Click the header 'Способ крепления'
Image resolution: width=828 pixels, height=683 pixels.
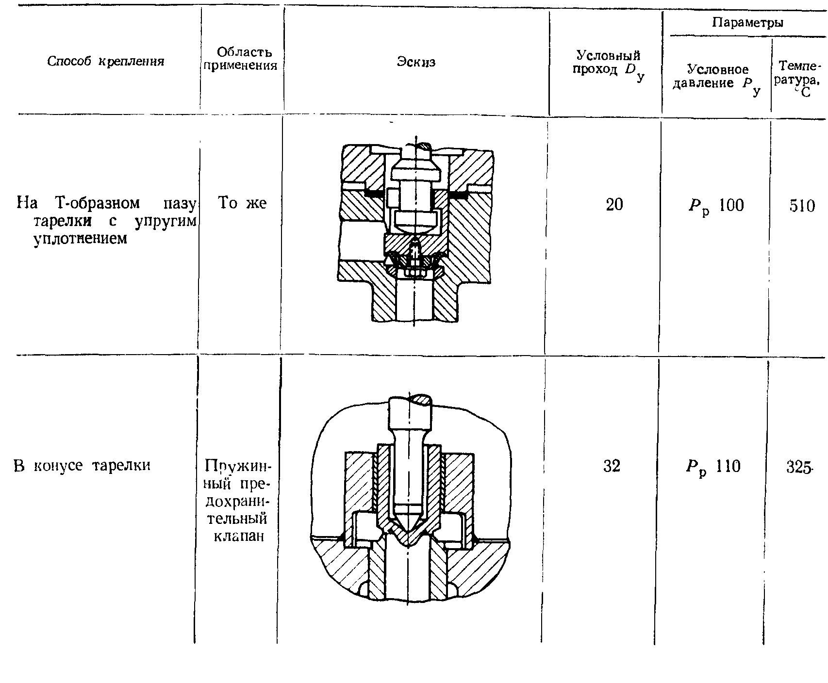tap(106, 61)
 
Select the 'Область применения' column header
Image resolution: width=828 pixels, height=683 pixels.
tap(241, 59)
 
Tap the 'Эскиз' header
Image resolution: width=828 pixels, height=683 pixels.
tap(416, 62)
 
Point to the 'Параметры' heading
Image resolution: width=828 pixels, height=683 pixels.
tap(748, 22)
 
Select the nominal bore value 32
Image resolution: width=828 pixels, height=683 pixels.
tap(612, 466)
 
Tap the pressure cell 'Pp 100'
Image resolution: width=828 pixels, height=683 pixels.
tap(716, 206)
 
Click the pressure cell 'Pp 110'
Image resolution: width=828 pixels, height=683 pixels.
tap(713, 467)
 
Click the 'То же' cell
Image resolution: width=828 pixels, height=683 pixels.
tap(242, 202)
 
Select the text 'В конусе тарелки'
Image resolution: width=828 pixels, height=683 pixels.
tap(82, 466)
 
